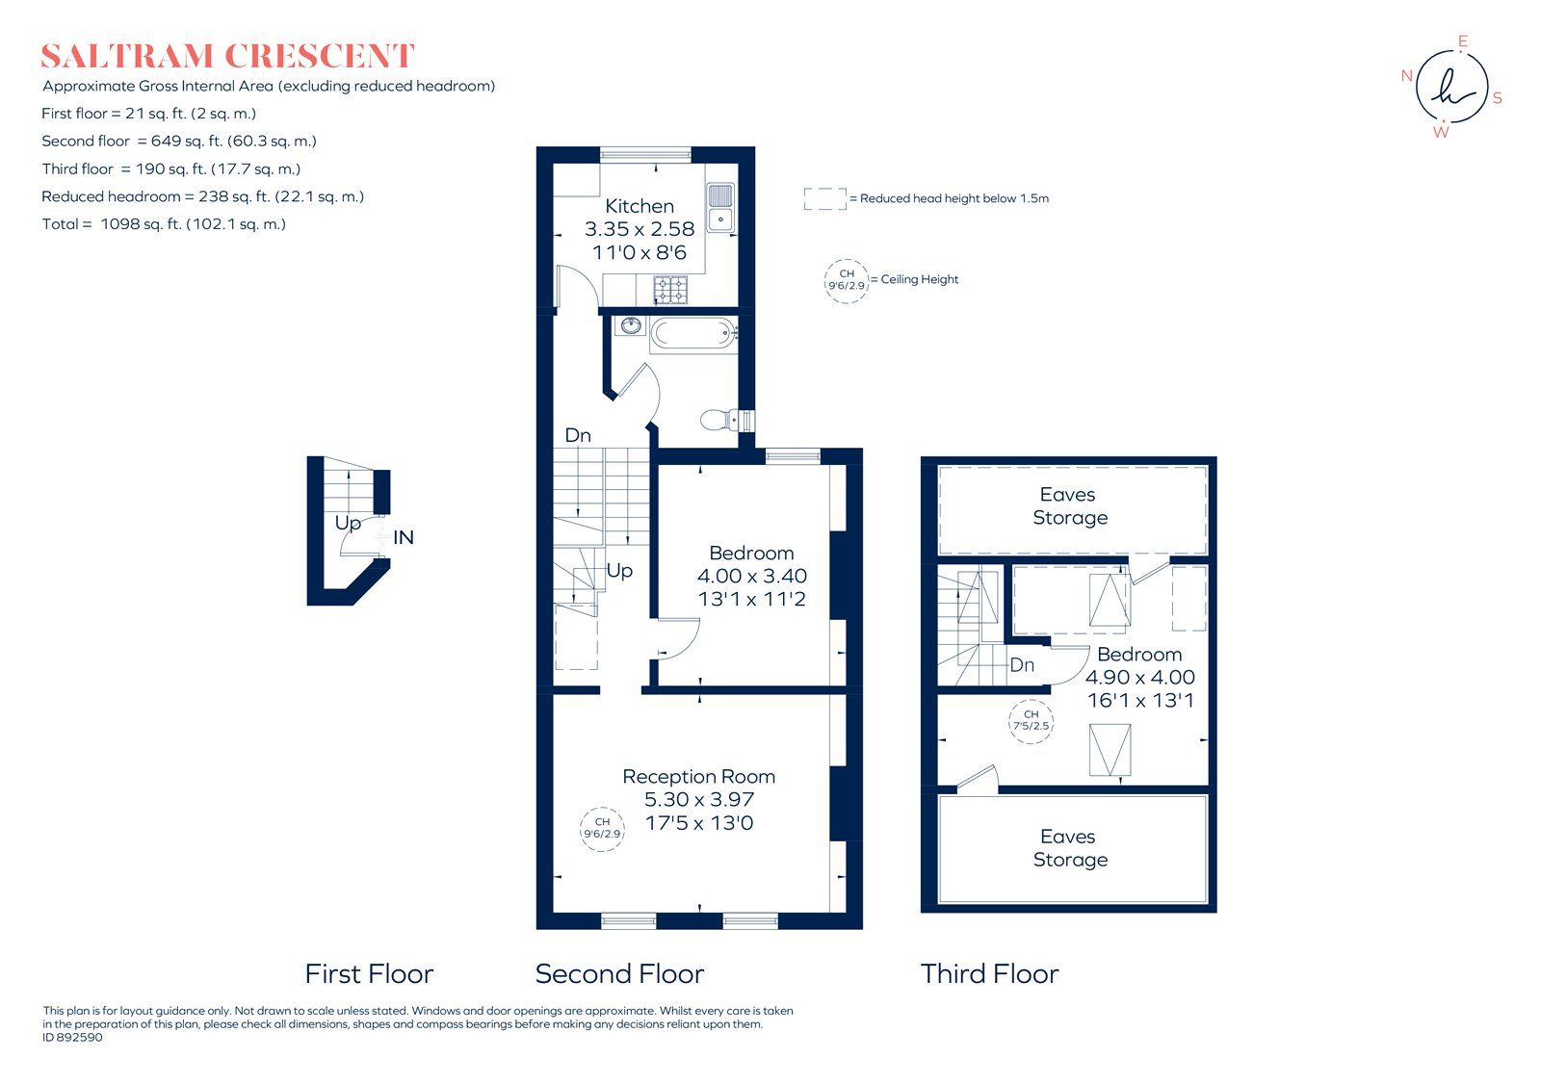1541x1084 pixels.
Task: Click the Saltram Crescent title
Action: [227, 56]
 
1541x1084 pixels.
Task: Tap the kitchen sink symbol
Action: [719, 208]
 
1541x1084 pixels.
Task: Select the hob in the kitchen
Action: [670, 288]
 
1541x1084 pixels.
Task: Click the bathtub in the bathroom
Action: [692, 335]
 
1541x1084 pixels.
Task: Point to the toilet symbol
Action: [724, 420]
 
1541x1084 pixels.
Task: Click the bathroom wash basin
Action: [631, 325]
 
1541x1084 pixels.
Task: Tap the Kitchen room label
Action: [640, 206]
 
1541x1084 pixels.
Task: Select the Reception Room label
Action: [698, 776]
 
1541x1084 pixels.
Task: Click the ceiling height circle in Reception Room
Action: [602, 828]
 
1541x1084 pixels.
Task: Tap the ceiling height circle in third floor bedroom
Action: [1031, 720]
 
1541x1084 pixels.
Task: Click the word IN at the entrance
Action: [404, 537]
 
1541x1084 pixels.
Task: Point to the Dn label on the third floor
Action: [1022, 664]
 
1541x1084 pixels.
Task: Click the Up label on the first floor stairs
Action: [348, 523]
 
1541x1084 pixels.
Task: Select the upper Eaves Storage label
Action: [1069, 506]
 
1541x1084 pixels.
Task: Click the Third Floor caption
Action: [989, 974]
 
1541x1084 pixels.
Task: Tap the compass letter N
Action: [1406, 76]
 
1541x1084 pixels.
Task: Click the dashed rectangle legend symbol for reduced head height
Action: [824, 198]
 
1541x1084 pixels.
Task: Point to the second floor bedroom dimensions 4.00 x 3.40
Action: [751, 576]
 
